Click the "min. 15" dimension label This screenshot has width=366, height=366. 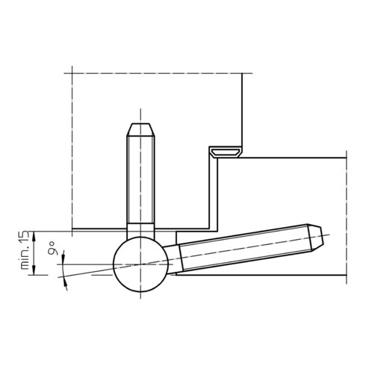point(25,250)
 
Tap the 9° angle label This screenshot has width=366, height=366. point(52,248)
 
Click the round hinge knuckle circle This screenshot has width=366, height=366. point(140,264)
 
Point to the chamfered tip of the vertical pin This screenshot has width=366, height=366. point(140,129)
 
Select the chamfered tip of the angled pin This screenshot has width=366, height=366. point(316,238)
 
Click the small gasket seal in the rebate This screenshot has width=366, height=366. point(226,152)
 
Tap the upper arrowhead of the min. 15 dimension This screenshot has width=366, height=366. point(34,236)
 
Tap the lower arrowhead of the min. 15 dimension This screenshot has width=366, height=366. point(34,270)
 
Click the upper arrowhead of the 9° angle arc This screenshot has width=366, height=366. point(63,255)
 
